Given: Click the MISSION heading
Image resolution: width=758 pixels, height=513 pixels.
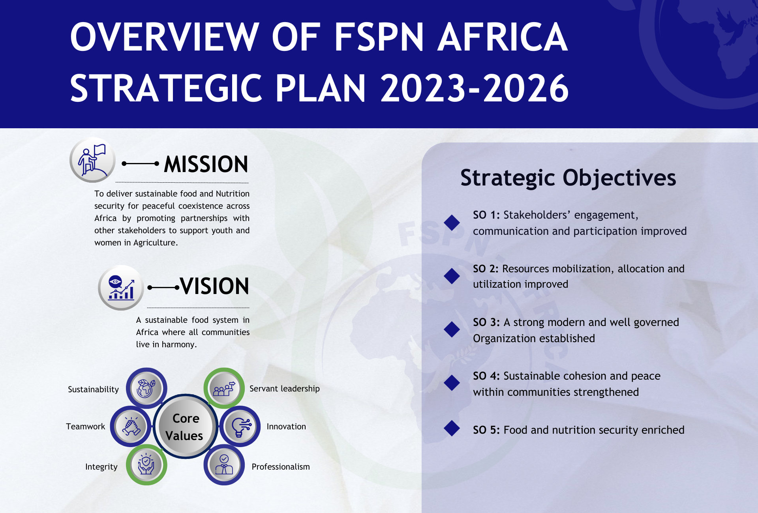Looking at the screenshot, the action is pos(206,164).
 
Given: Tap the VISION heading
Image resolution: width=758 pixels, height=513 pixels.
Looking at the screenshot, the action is pos(215,286).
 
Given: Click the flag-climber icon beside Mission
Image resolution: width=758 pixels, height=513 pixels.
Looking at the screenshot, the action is pos(93,160).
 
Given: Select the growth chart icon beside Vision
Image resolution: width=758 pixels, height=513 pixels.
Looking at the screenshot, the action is pos(121,288).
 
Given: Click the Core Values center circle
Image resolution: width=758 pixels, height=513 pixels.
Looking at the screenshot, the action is pos(185,427).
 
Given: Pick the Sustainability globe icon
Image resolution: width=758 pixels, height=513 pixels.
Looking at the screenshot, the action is pos(146,388).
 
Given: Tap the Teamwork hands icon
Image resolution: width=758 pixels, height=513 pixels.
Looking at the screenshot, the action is pos(131,427).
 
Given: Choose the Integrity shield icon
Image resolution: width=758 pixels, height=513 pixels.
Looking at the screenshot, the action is pos(146,465).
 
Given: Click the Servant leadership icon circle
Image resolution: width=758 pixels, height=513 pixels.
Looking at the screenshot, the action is pos(224,388).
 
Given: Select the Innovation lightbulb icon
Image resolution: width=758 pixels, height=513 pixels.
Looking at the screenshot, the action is pos(240,427).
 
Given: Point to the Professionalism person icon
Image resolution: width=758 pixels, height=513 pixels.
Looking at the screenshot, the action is pos(224,465).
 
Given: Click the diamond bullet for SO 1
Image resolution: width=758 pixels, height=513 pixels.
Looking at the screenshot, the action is pos(452,223).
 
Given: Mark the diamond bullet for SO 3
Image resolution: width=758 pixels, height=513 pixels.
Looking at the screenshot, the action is pos(452,330).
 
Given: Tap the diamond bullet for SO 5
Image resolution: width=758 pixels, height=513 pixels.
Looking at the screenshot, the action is pos(452,429).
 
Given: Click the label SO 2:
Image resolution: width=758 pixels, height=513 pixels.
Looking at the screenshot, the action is pos(486,269).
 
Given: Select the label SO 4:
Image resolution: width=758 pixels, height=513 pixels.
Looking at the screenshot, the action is pos(486,376).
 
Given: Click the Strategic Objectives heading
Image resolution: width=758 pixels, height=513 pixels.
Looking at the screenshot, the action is pos(568,178).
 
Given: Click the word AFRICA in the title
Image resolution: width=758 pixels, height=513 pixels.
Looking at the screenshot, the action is pos(503,37).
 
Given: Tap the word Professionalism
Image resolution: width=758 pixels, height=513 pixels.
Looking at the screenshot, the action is pos(281,467).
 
